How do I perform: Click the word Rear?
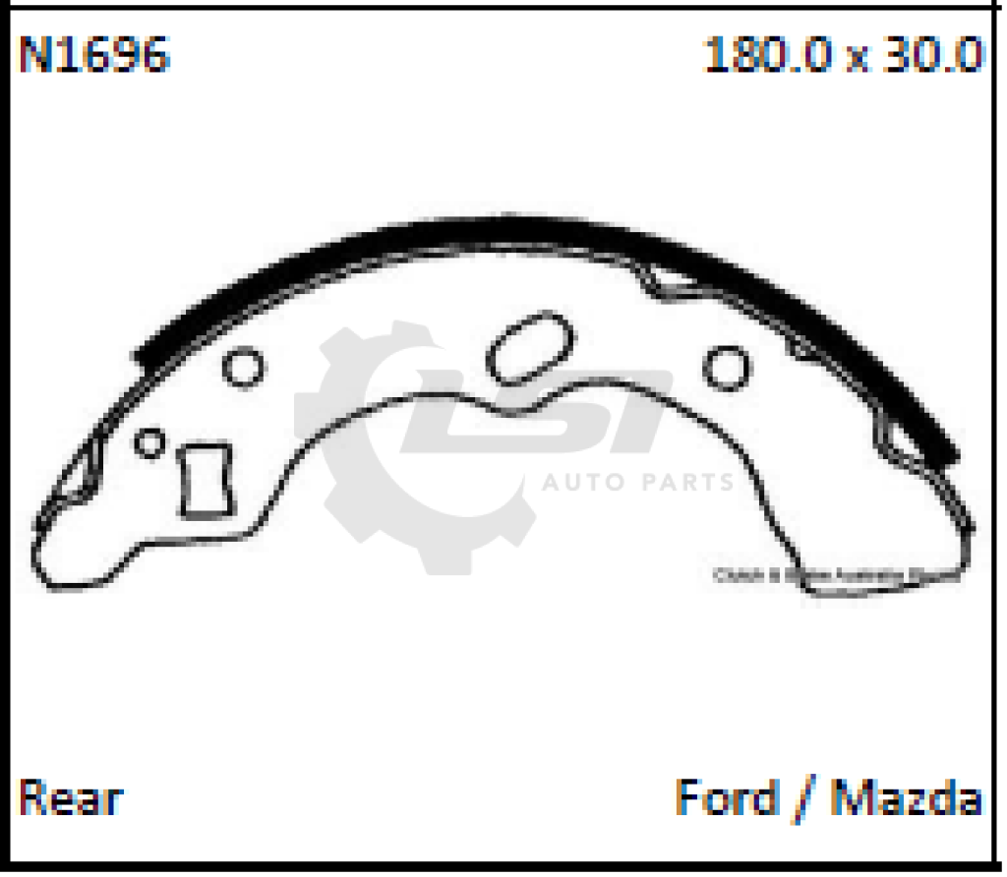(x=71, y=797)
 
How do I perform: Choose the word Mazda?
(x=907, y=797)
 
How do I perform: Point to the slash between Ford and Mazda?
(x=810, y=799)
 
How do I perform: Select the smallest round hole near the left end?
(x=149, y=441)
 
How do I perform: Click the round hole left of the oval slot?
(x=243, y=367)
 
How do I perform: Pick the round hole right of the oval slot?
(x=727, y=367)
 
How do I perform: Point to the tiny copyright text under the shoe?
(x=836, y=577)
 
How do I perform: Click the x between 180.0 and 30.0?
(x=859, y=58)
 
